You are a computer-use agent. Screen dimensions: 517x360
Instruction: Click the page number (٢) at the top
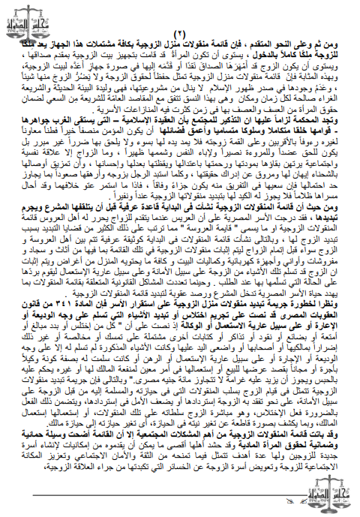pyautogui.click(x=179, y=35)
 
